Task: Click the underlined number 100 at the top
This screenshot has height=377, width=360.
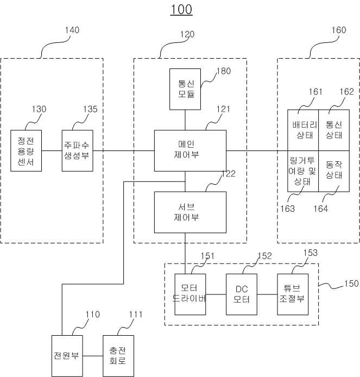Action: click(x=181, y=10)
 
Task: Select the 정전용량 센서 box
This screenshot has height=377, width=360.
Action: click(x=26, y=151)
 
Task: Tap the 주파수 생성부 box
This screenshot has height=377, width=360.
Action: click(x=78, y=151)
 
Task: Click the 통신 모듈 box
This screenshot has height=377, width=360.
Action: click(x=185, y=89)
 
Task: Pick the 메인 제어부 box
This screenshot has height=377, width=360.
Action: click(x=190, y=151)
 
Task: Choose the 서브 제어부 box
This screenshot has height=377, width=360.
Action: click(x=190, y=212)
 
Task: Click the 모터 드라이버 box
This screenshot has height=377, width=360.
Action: click(x=190, y=294)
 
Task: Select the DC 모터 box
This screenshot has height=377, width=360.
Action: click(x=242, y=294)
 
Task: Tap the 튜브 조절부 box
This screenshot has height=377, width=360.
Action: click(x=293, y=294)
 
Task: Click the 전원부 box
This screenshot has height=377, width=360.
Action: click(x=67, y=356)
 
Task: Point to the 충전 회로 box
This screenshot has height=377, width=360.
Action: click(x=118, y=356)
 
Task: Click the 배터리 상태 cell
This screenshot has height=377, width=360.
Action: click(x=303, y=130)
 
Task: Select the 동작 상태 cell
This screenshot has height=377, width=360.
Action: click(x=334, y=171)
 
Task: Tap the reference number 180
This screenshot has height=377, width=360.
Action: click(x=224, y=71)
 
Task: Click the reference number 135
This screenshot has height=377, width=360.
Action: click(x=90, y=109)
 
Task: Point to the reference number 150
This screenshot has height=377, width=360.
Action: click(x=351, y=284)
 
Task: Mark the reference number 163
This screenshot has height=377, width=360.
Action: click(x=287, y=209)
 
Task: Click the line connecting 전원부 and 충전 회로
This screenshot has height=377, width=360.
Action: click(x=93, y=356)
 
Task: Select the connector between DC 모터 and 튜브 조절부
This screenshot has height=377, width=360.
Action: click(x=267, y=294)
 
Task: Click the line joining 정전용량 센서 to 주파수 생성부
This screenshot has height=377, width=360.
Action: click(x=52, y=151)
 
